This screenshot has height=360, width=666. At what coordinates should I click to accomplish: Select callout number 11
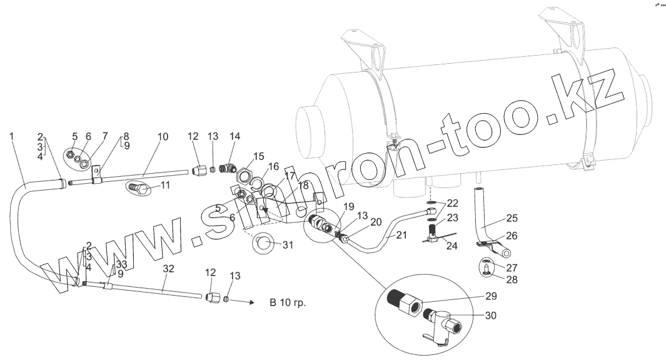(165, 186)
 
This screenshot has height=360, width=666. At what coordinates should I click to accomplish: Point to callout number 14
(235, 136)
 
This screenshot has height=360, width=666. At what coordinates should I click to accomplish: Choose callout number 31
(288, 244)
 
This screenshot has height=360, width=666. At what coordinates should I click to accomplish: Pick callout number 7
(105, 136)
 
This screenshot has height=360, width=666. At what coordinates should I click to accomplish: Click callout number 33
(121, 264)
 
